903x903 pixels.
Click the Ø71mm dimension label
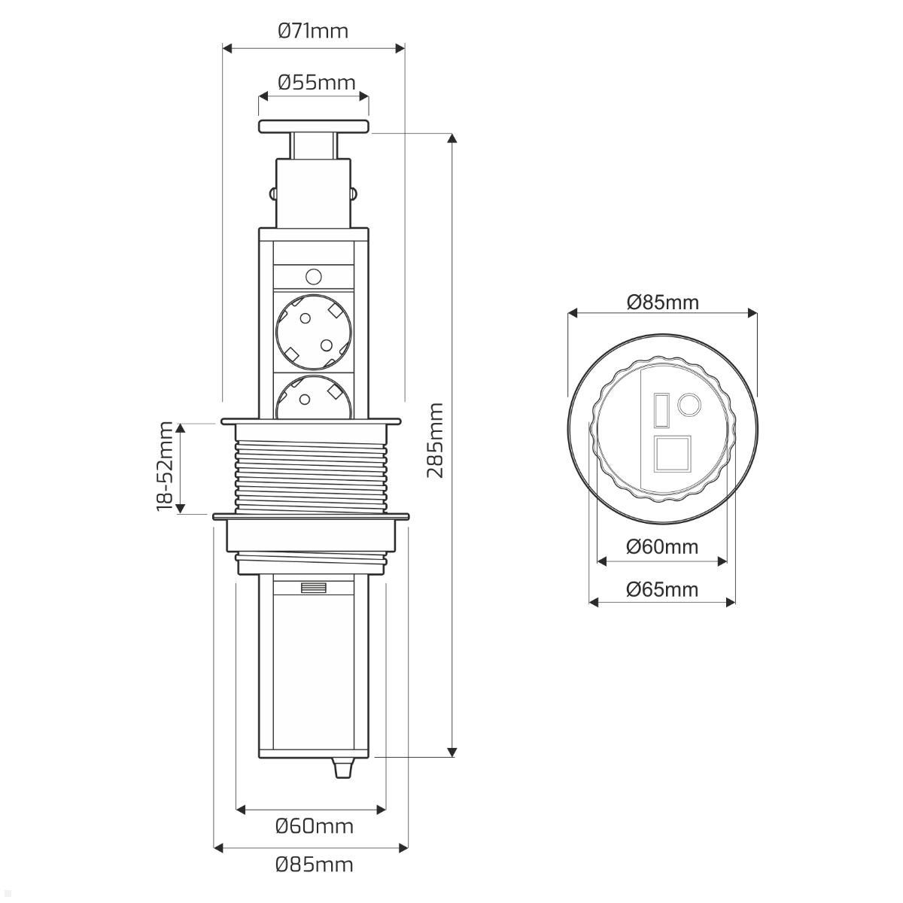pos(313,32)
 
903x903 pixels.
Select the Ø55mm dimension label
pos(317,83)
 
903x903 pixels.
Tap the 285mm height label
pos(436,440)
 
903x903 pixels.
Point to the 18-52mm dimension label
pos(165,466)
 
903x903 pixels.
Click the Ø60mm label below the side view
pos(315,826)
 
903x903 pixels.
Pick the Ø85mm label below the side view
pos(315,865)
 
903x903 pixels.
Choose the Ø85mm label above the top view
pos(663,303)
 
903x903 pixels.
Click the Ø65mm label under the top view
pos(662,589)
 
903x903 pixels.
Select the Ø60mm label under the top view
pos(662,547)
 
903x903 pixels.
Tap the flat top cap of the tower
pos(314,126)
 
